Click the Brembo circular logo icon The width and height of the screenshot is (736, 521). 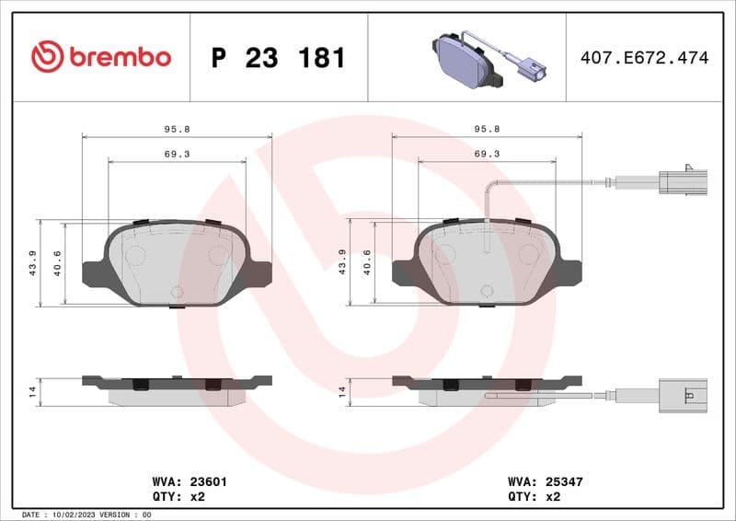[x=47, y=57]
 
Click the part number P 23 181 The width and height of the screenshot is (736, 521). [x=278, y=58]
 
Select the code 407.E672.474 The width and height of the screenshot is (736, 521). [x=644, y=58]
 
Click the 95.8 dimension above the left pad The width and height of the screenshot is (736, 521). [x=178, y=130]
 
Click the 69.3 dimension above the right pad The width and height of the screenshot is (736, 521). [x=487, y=154]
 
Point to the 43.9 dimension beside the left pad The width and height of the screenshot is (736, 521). [x=33, y=262]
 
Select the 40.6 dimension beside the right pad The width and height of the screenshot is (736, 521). [x=367, y=262]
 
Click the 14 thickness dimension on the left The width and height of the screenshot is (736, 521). [x=33, y=391]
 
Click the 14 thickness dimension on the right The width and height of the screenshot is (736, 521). [x=343, y=391]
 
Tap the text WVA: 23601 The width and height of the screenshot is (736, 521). [x=189, y=481]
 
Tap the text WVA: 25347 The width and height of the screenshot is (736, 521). [x=546, y=481]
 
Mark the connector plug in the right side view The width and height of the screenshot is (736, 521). [x=682, y=394]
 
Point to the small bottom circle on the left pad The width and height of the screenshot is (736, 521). [x=178, y=293]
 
